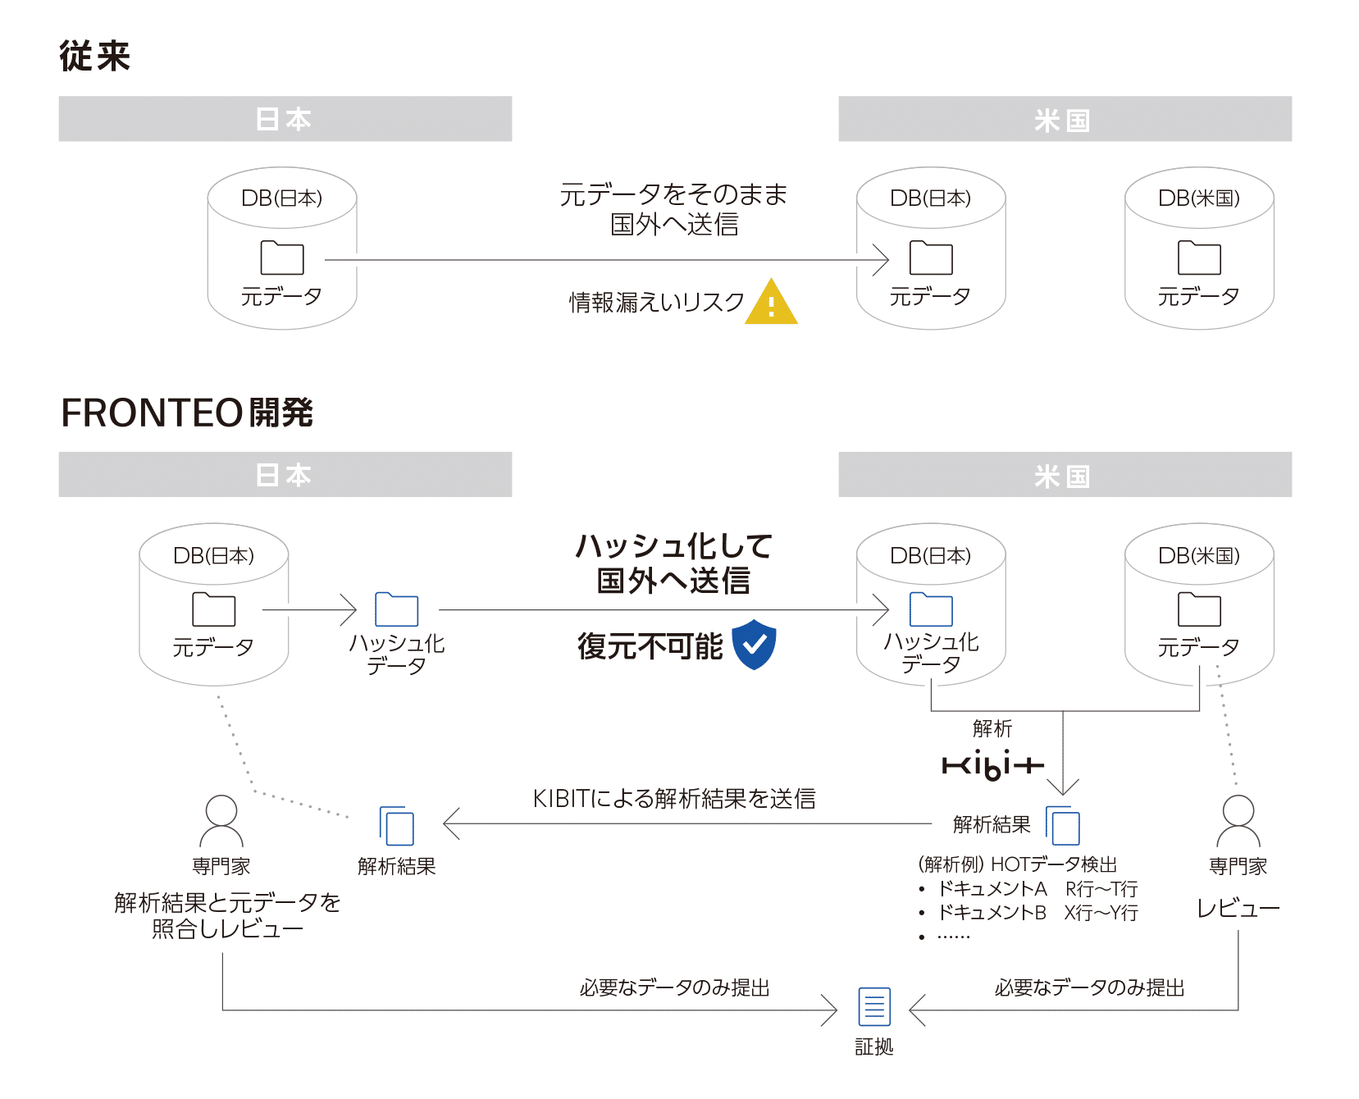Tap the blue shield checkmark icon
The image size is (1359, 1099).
click(x=754, y=645)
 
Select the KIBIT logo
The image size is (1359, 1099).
click(x=992, y=765)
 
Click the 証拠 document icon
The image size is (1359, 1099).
click(x=873, y=1006)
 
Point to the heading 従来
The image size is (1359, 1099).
click(x=95, y=57)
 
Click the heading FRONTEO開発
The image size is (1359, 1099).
click(x=187, y=413)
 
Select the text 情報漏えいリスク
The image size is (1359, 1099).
click(x=656, y=303)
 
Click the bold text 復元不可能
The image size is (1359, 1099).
click(x=650, y=646)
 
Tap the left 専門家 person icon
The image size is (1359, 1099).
click(x=221, y=821)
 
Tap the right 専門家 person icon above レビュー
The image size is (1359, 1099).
click(x=1238, y=821)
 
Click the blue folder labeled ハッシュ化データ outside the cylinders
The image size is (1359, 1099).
click(x=397, y=610)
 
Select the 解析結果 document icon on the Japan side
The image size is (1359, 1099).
click(x=397, y=826)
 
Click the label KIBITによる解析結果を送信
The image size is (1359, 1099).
click(x=674, y=798)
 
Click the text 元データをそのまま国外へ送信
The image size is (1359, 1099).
click(x=673, y=209)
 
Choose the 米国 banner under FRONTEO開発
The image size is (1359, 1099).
click(x=1064, y=475)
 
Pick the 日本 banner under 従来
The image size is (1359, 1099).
click(x=285, y=119)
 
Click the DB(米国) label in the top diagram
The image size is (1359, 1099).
click(x=1198, y=198)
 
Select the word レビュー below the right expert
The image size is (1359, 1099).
click(x=1238, y=909)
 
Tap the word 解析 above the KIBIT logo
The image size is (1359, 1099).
click(x=992, y=728)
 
